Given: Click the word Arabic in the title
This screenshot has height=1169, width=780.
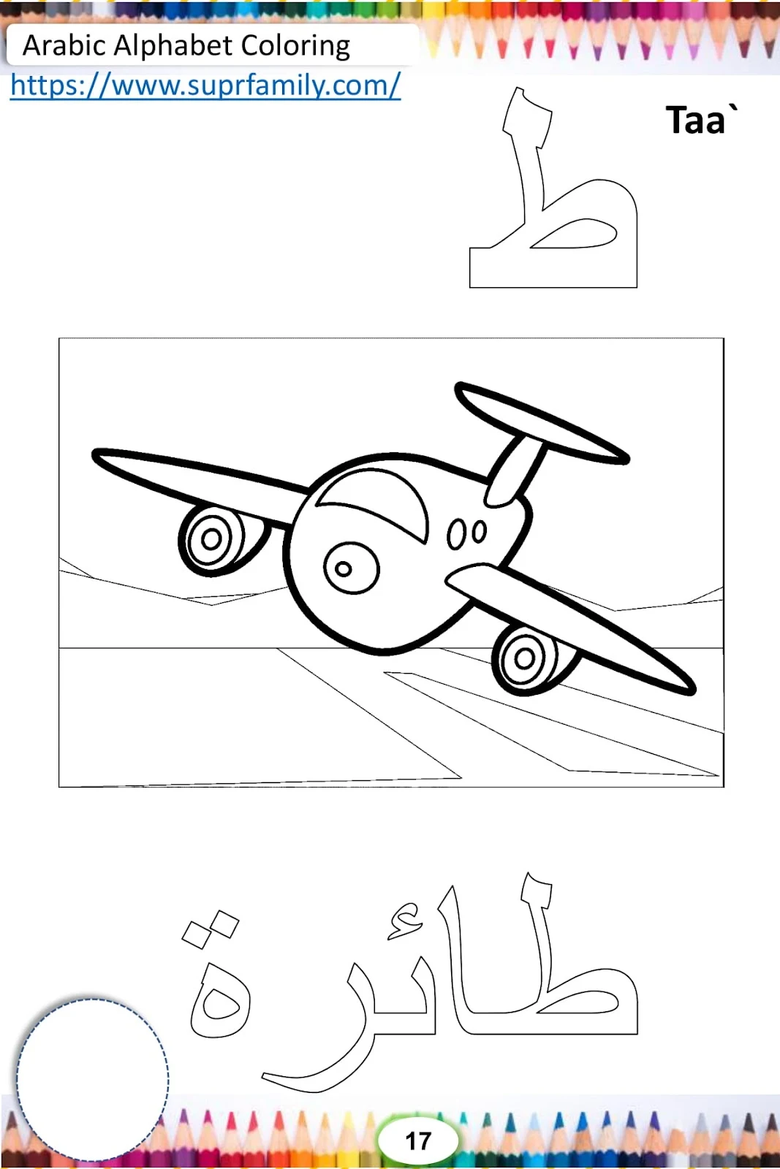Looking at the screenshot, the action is [x=64, y=45].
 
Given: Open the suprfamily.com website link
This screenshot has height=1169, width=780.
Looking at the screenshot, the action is [x=205, y=85].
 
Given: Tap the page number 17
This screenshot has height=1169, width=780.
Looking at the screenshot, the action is [x=418, y=1141].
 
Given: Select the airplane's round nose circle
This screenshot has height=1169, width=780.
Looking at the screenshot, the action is [x=352, y=568].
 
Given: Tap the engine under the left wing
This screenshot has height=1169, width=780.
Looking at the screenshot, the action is [x=219, y=540].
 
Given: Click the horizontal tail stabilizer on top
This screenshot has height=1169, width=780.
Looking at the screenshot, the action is [x=542, y=423].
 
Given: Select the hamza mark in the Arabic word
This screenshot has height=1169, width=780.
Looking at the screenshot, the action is [x=406, y=923].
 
